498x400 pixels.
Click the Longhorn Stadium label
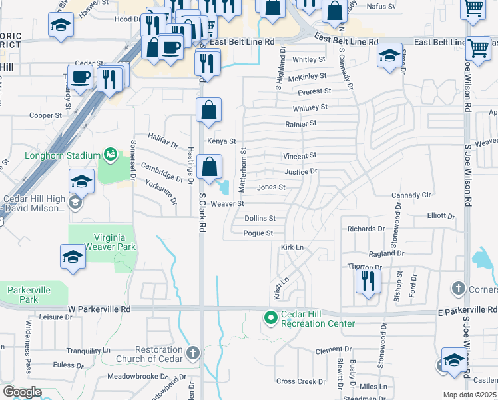[62, 156]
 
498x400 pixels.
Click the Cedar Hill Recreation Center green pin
[271, 317]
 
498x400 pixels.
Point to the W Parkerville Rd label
[100, 309]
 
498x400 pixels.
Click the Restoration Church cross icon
[193, 352]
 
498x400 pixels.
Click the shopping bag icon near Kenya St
[209, 111]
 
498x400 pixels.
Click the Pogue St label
[258, 233]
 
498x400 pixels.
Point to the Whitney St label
[310, 107]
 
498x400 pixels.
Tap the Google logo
[22, 392]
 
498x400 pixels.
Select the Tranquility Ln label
[88, 350]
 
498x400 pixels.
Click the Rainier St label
[300, 123]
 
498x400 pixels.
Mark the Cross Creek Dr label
[301, 381]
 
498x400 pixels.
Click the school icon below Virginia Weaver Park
[73, 257]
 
